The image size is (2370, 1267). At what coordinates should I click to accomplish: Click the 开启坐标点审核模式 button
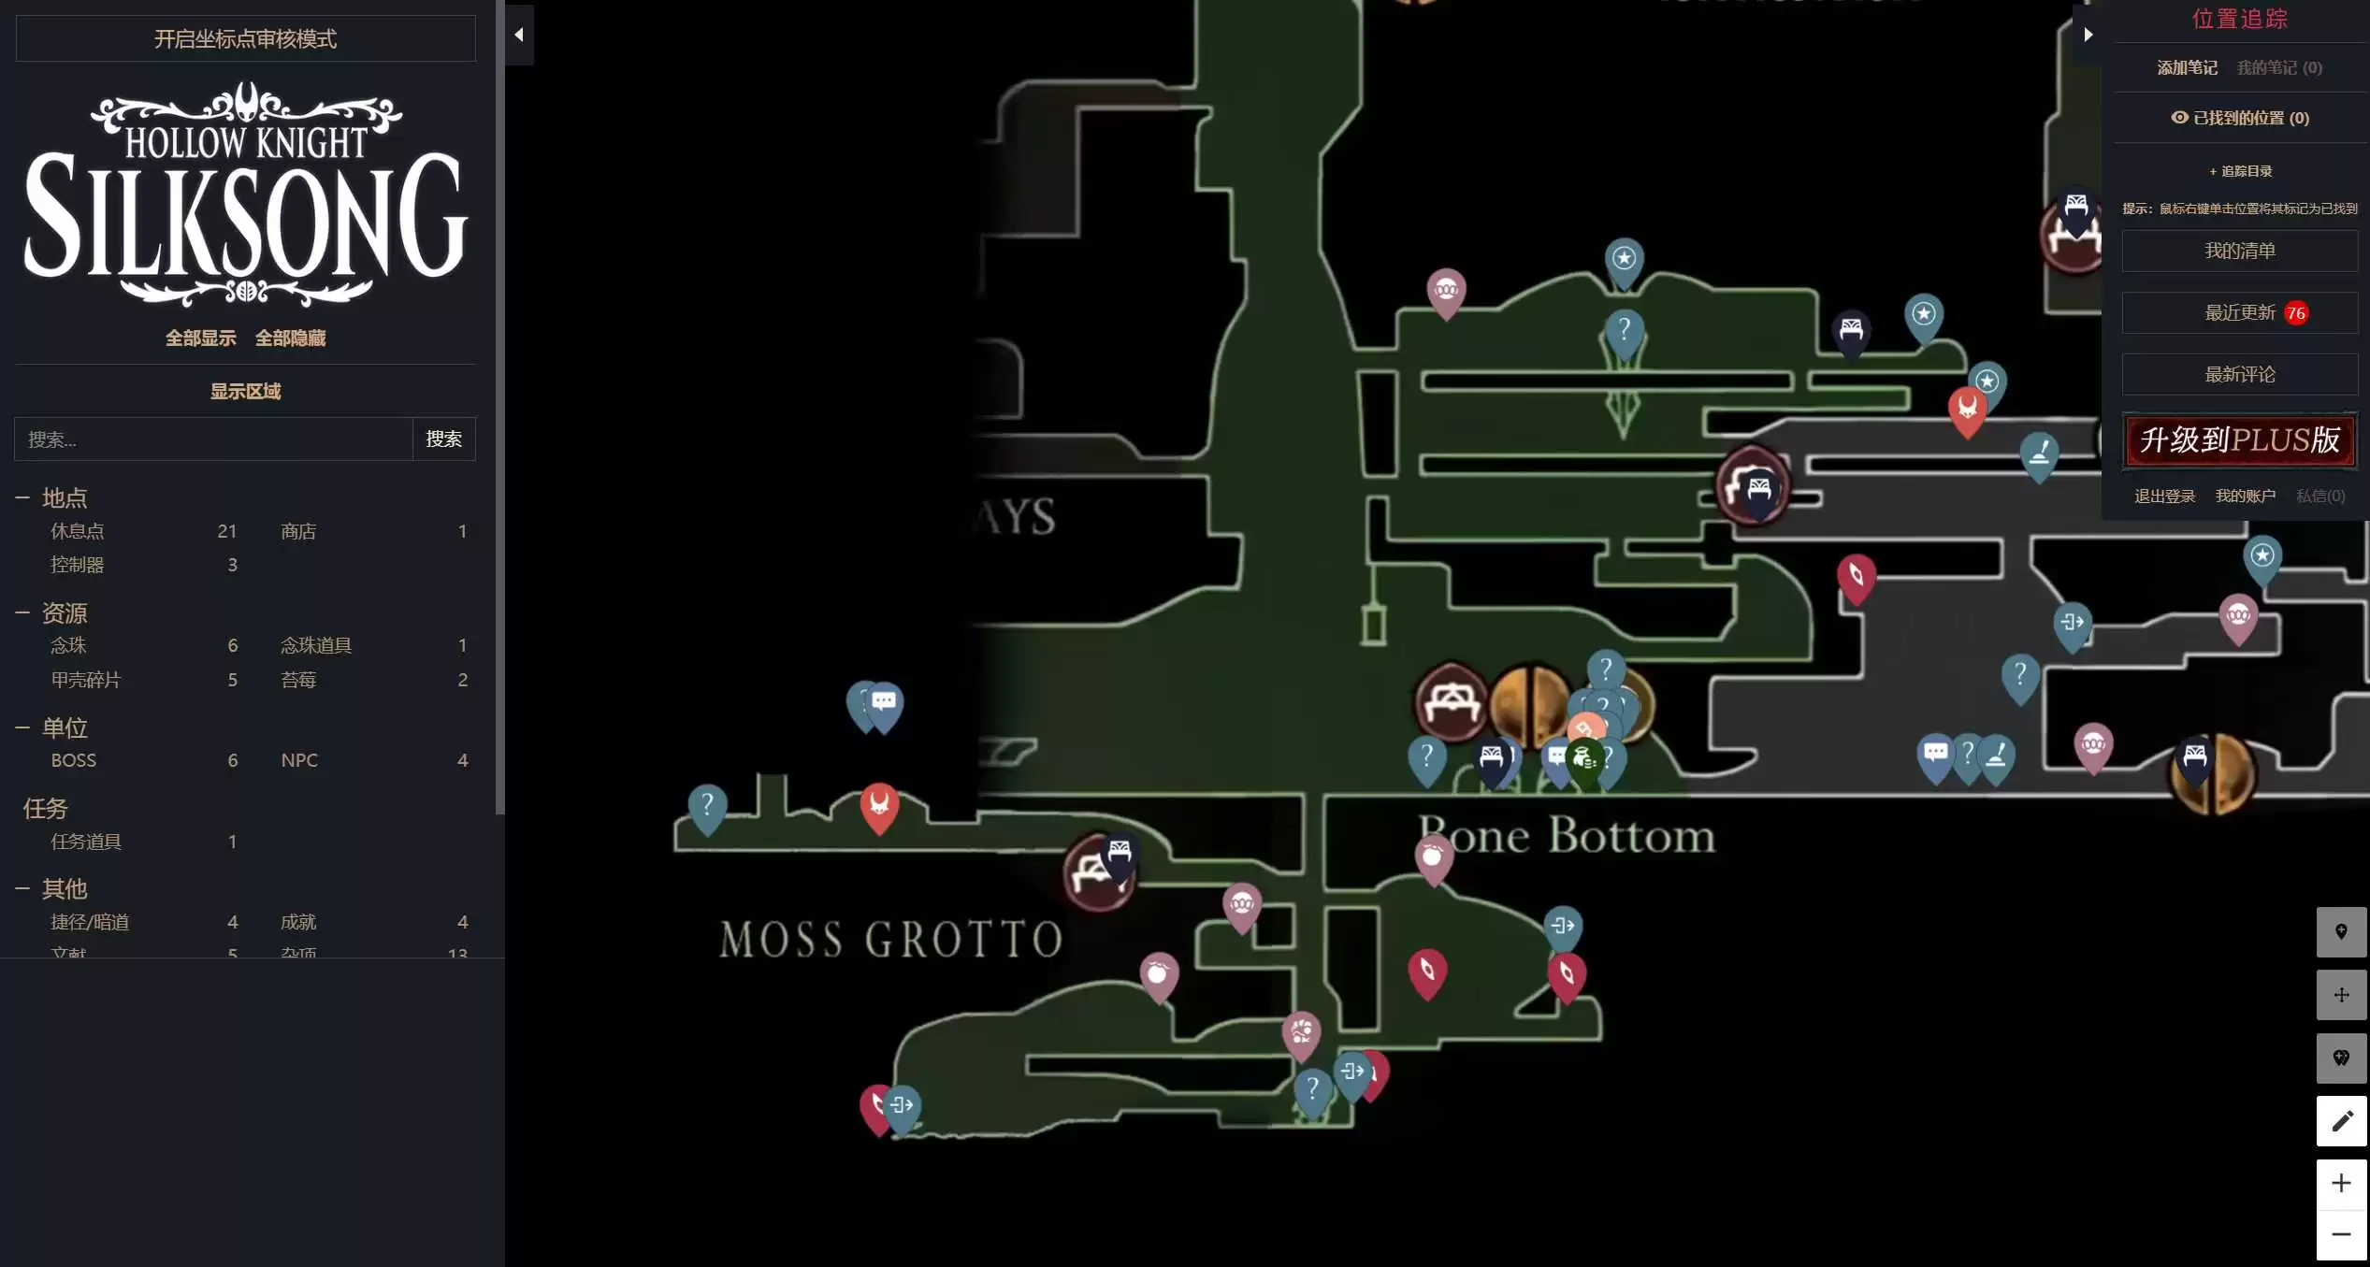pyautogui.click(x=245, y=38)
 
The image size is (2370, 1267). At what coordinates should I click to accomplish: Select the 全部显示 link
pyautogui.click(x=200, y=338)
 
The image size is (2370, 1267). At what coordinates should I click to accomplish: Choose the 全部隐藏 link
pyautogui.click(x=290, y=338)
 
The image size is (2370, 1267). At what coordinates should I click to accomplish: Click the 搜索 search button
pyautogui.click(x=443, y=439)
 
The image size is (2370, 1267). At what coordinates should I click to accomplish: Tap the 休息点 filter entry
pyautogui.click(x=77, y=531)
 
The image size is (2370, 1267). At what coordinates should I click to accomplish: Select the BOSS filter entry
pyautogui.click(x=73, y=760)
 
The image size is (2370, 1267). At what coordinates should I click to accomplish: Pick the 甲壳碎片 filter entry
pyautogui.click(x=85, y=680)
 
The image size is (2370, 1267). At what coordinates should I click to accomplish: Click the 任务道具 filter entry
pyautogui.click(x=85, y=842)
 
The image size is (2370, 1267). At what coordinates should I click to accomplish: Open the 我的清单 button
pyautogui.click(x=2239, y=251)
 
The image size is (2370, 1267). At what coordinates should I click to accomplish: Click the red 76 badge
pyautogui.click(x=2295, y=313)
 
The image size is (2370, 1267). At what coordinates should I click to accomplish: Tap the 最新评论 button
pyautogui.click(x=2239, y=374)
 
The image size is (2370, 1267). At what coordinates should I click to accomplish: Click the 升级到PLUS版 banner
pyautogui.click(x=2239, y=440)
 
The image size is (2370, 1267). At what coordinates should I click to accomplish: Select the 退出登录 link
pyautogui.click(x=2164, y=496)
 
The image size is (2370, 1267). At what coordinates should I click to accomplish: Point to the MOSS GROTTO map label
pyautogui.click(x=890, y=939)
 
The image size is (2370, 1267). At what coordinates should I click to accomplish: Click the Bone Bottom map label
pyautogui.click(x=1567, y=835)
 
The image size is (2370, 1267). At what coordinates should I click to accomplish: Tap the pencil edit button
pyautogui.click(x=2341, y=1120)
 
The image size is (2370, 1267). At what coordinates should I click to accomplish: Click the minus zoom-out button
pyautogui.click(x=2341, y=1234)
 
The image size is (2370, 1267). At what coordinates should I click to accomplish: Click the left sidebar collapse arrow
pyautogui.click(x=519, y=35)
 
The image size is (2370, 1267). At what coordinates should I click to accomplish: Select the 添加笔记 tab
pyautogui.click(x=2187, y=67)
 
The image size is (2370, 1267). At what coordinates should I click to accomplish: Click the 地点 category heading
pyautogui.click(x=64, y=497)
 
